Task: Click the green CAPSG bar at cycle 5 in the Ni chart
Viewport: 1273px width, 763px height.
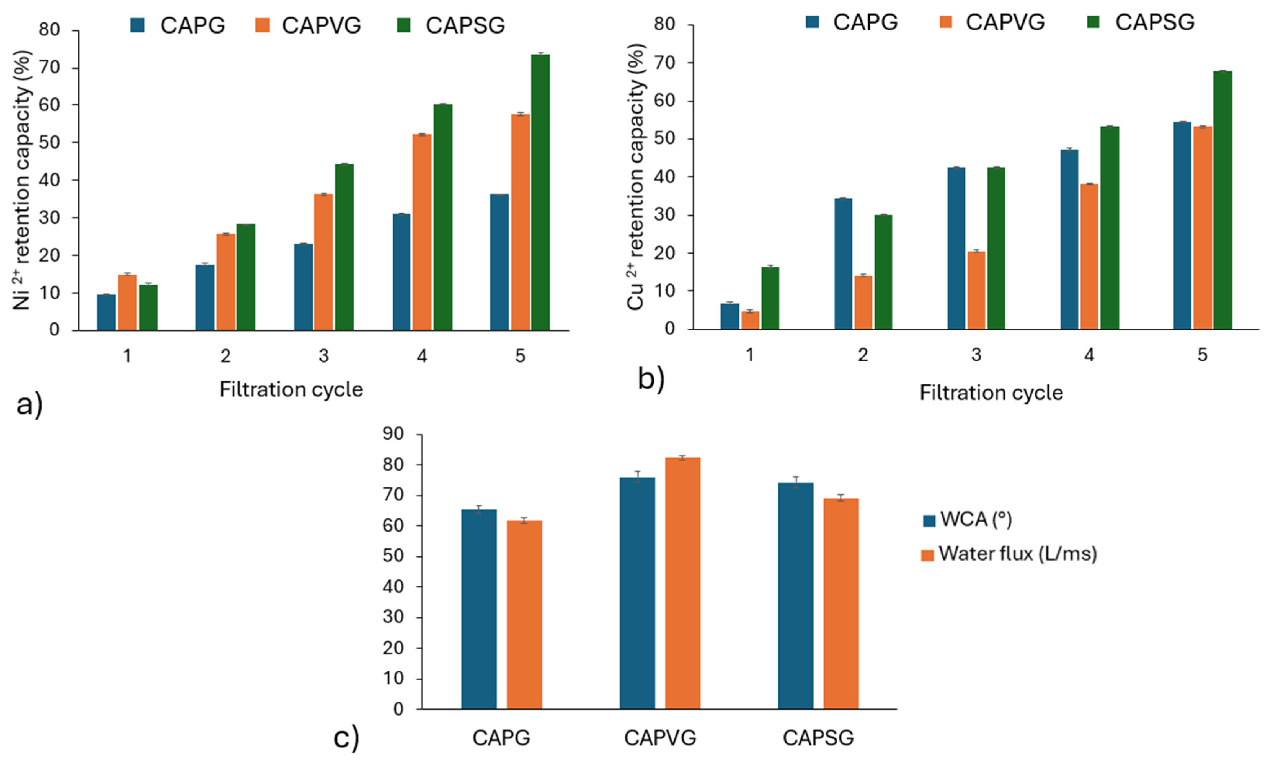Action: coord(540,192)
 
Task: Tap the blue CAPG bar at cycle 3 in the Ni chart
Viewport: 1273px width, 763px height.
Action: coord(303,287)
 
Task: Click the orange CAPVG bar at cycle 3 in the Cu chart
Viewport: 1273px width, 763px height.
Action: coord(976,290)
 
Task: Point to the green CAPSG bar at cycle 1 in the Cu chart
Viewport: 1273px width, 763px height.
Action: coord(770,298)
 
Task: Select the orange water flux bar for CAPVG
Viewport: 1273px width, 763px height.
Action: coord(683,583)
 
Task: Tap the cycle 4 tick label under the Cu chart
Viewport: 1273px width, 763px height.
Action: coord(1089,355)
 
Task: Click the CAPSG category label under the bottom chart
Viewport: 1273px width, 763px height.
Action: coord(818,738)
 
